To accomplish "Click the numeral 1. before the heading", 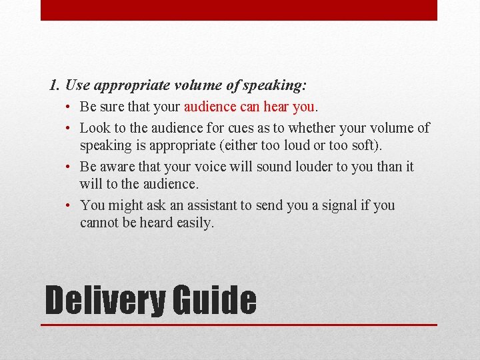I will click(55, 86).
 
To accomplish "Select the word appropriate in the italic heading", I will click(130, 86).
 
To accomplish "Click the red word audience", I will click(210, 107).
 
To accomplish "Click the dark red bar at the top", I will click(239, 10).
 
